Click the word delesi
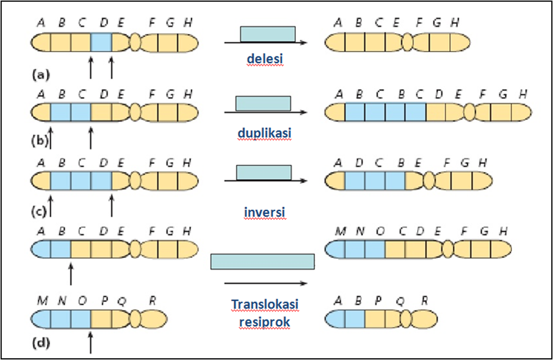point(265,59)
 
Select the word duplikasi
point(264,133)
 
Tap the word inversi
point(264,212)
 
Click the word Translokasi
point(265,304)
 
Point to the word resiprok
point(264,322)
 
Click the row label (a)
point(41,75)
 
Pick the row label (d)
point(41,343)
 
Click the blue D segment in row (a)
point(101,43)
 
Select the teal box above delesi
point(268,34)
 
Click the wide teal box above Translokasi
point(263,261)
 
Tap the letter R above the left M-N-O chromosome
point(152,300)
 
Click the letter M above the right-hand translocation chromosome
point(340,232)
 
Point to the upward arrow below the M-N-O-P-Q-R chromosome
point(91,342)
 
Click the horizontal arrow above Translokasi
point(266,283)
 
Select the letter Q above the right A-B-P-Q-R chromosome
point(400,301)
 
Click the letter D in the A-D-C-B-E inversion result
point(359,163)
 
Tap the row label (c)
point(39,212)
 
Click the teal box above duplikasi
point(263,103)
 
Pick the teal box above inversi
point(264,172)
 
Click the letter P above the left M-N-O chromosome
point(104,300)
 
